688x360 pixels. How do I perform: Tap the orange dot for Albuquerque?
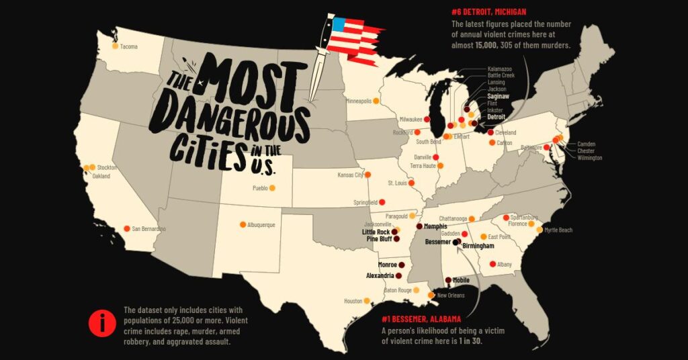(x=243, y=225)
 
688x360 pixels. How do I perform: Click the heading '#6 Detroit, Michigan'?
(x=488, y=12)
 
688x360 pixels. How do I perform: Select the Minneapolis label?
(x=358, y=101)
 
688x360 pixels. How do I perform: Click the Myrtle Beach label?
(x=558, y=230)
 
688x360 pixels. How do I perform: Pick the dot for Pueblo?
(x=272, y=188)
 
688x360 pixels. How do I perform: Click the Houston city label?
(x=353, y=301)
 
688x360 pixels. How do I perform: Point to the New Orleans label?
(x=451, y=296)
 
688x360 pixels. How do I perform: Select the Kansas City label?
(x=349, y=175)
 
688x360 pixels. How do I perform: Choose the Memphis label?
(x=435, y=227)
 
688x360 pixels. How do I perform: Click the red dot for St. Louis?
(x=412, y=183)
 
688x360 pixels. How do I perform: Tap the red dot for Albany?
(x=492, y=264)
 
